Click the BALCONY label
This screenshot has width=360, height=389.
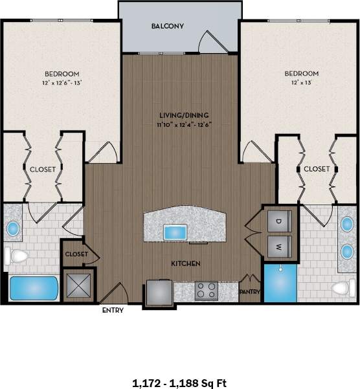(168, 27)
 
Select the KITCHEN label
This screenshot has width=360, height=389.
(185, 263)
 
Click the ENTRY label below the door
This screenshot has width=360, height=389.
(113, 310)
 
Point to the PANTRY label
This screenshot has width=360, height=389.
(250, 292)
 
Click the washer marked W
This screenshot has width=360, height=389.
(279, 246)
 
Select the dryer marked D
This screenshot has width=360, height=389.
(279, 222)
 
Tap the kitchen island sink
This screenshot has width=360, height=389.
(175, 232)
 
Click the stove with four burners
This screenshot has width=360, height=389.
(207, 291)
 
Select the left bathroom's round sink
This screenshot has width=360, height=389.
(12, 228)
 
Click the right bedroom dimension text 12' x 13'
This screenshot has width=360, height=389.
(301, 83)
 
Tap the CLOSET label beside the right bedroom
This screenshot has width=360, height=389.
(317, 168)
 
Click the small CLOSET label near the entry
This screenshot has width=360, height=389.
(76, 254)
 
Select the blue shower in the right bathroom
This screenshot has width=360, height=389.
(280, 283)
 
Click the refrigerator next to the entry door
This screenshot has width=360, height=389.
(158, 292)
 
